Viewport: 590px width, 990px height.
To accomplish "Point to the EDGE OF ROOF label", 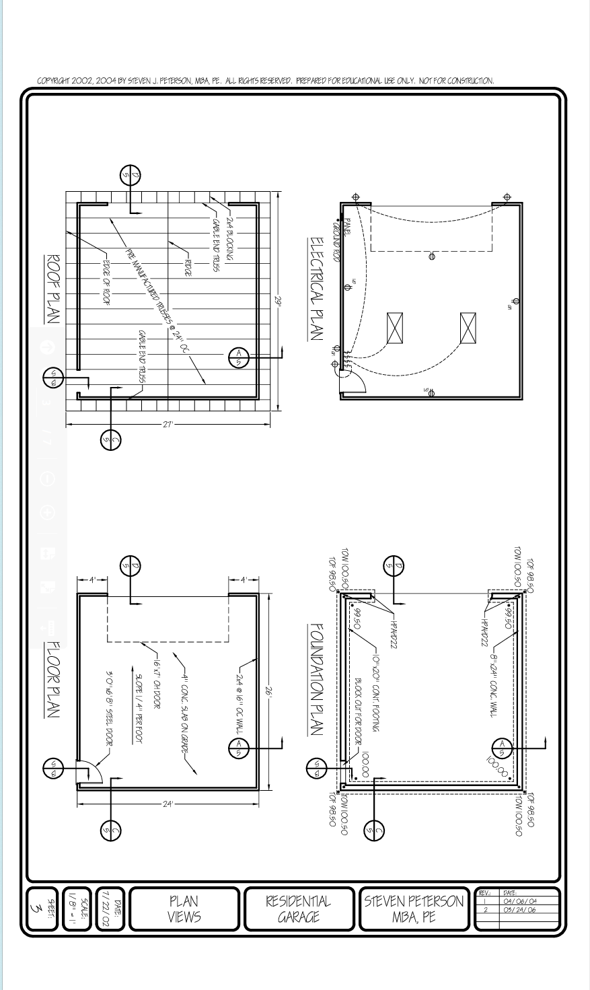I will [x=106, y=283].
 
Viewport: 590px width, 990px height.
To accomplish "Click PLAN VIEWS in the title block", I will [x=184, y=908].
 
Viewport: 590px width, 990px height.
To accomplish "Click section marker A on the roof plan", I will [x=238, y=357].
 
